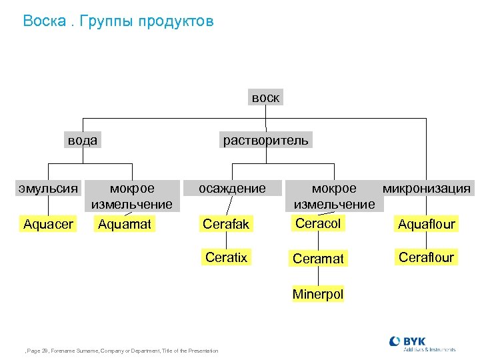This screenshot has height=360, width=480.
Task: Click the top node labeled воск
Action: [265, 97]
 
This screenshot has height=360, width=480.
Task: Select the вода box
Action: [82, 140]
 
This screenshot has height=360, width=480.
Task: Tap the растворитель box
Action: [265, 140]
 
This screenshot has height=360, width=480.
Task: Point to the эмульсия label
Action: [49, 189]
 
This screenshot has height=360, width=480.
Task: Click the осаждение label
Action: [232, 189]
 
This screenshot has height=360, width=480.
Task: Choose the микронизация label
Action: [426, 189]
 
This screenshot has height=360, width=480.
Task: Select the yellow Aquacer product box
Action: [48, 224]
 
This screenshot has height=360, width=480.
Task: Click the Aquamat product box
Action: [125, 224]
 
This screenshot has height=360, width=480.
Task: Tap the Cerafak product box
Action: [226, 224]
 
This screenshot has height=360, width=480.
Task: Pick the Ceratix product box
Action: [226, 257]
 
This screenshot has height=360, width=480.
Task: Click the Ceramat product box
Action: [318, 259]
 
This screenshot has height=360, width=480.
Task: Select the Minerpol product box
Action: [318, 294]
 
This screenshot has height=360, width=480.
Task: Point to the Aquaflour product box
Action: [426, 224]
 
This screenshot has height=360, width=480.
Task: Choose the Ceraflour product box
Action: [426, 257]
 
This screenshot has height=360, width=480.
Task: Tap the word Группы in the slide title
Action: [107, 21]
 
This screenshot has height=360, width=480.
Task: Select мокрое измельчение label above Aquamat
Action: [132, 196]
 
